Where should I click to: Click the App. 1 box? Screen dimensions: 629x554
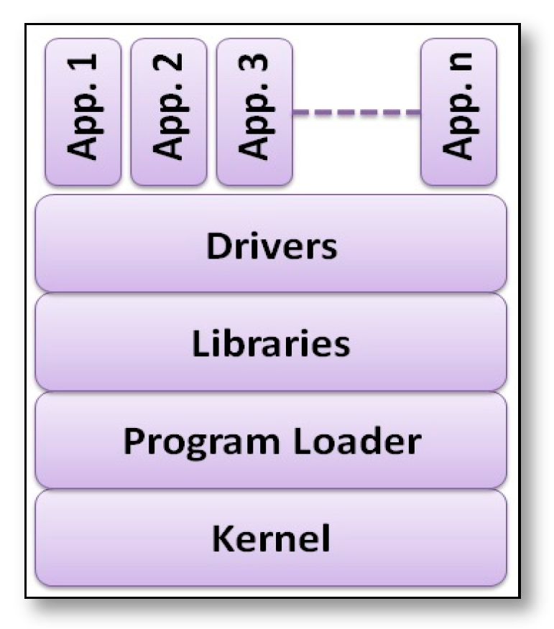83,112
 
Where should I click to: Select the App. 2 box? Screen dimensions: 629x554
168,112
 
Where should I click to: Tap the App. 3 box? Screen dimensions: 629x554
254,112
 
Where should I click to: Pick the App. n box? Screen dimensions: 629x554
458,112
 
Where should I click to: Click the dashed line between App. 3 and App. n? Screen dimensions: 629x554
356,113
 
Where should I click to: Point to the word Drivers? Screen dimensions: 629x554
271,246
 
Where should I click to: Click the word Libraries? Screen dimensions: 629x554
271,344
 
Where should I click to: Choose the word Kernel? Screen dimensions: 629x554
271,539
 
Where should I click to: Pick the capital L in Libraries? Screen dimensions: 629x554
199,344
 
